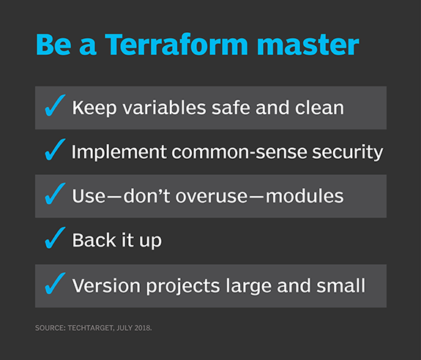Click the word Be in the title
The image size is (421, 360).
51,45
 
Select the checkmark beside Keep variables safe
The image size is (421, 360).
54,108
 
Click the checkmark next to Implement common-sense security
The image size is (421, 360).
54,151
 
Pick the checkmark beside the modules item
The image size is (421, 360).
54,195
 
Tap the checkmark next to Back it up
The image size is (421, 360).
54,239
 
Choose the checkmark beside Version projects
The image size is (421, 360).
54,285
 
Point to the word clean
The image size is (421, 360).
317,108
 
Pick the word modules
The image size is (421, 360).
300,196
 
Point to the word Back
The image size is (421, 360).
91,240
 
